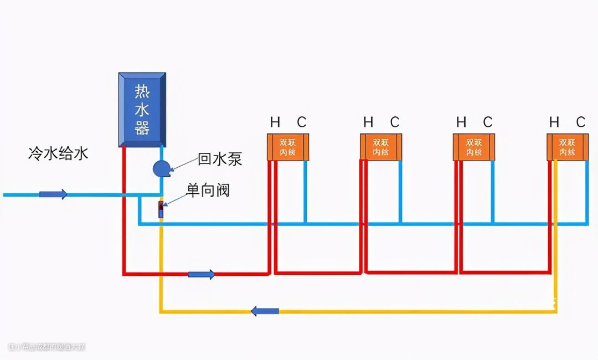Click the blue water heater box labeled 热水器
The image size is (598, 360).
pos(142,109)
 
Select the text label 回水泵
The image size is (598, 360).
pos(220,160)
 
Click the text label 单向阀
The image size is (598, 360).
pos(208,191)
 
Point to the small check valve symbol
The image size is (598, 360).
pos(161,210)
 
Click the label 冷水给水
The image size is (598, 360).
pos(58,153)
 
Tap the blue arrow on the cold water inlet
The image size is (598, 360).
pos(53,194)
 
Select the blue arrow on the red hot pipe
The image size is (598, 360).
pos(202,274)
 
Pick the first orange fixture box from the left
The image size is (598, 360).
pos(287,147)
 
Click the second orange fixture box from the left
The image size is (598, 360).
pos(380,147)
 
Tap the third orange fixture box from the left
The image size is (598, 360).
pos(473,147)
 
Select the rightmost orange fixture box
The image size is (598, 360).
pos(566,147)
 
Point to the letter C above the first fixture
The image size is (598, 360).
pos(301,122)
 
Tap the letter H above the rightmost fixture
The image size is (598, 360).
pos(554,122)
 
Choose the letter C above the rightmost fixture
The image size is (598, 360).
pos(580,122)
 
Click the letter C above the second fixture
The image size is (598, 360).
pos(394,122)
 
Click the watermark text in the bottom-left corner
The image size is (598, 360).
pos(47,347)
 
